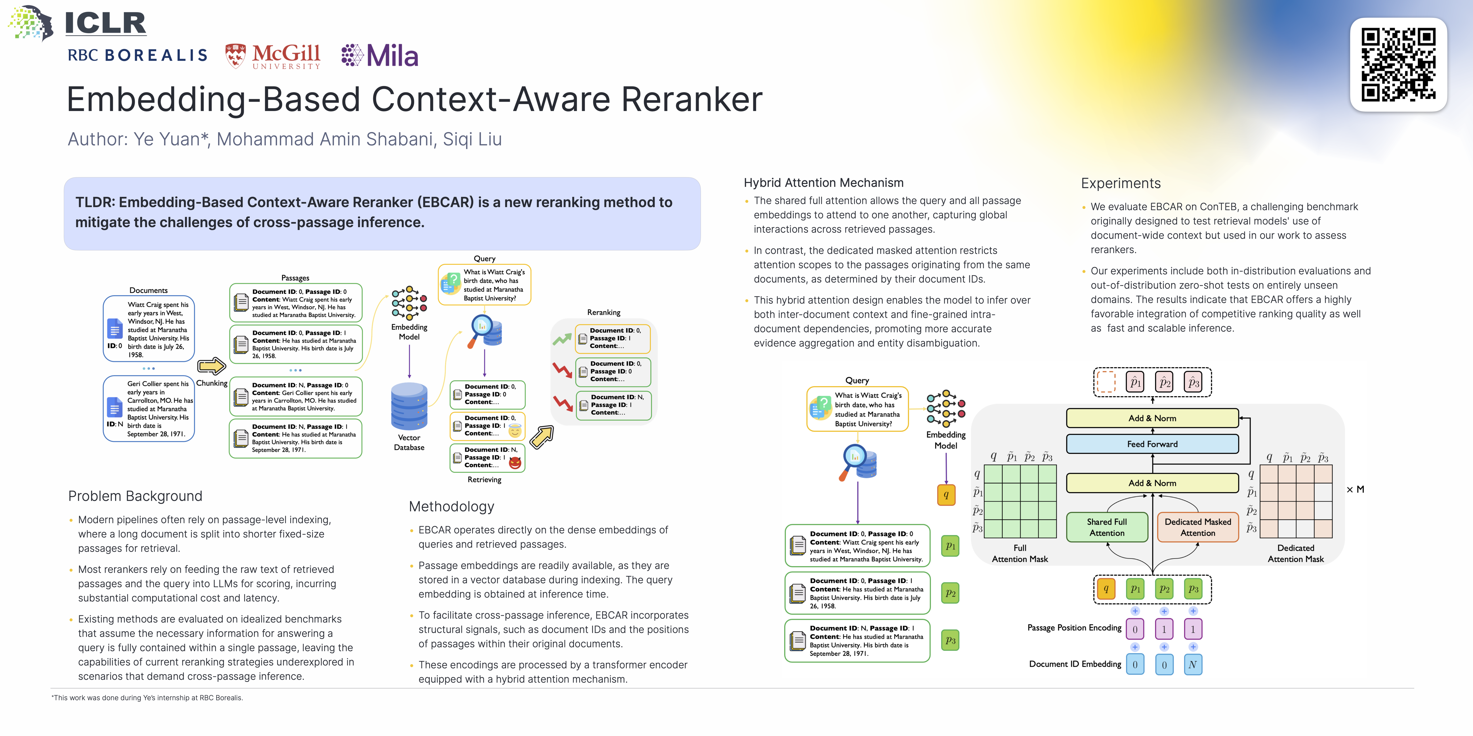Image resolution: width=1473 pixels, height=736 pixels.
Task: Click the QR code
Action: tap(1398, 65)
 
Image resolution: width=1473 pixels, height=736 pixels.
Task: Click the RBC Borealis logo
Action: tap(137, 55)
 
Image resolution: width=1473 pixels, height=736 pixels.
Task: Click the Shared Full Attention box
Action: tap(1106, 527)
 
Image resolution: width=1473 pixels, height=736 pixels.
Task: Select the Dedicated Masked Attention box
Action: tap(1197, 527)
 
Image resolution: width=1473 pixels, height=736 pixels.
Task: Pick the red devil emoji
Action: tap(515, 462)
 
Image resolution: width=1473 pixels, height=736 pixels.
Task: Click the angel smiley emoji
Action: tap(515, 430)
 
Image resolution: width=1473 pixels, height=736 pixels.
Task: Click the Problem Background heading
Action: tap(135, 496)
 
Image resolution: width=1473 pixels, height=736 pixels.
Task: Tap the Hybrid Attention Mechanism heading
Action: tap(823, 183)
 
